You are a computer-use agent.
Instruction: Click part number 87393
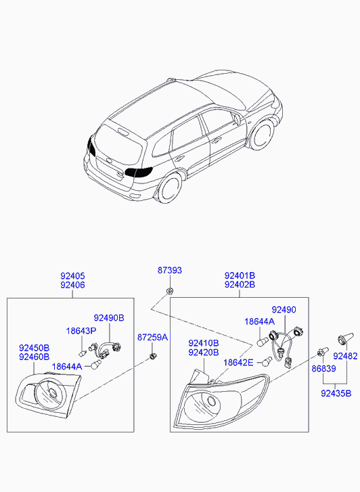pos(169,270)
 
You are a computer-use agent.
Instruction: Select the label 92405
pos(72,276)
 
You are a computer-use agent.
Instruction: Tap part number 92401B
pos(240,276)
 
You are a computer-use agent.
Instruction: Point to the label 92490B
pos(109,318)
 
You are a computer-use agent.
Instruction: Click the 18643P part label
pos(81,331)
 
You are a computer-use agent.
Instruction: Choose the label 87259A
pos(152,337)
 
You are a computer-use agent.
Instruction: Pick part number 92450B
pos(35,348)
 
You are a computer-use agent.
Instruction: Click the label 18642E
pos(238,363)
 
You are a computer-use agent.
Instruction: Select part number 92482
pos(345,356)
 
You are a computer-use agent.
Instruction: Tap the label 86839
pos(323,369)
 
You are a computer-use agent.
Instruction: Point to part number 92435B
pos(336,393)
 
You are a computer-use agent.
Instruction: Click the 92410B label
pos(204,344)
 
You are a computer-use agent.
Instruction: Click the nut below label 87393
pos(169,292)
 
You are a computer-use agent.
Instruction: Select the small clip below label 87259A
pos(153,356)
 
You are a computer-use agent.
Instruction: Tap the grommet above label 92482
pos(345,338)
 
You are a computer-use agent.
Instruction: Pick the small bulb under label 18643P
pos(83,354)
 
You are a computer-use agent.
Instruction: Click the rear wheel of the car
pos(169,187)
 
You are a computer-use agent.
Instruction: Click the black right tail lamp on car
pos(139,172)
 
